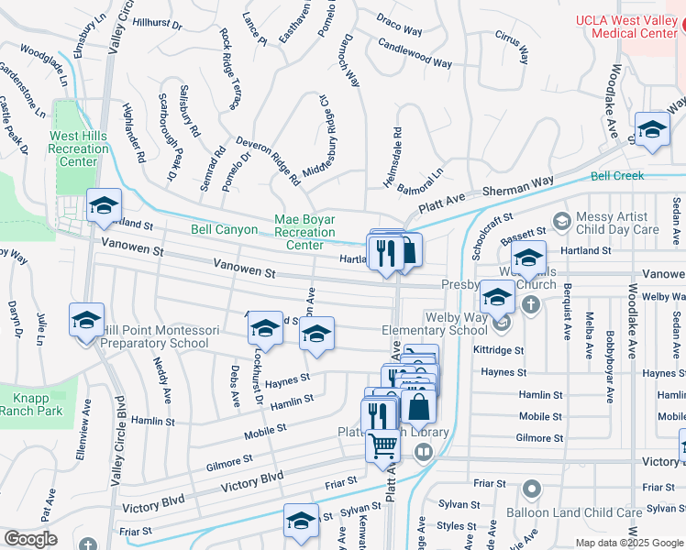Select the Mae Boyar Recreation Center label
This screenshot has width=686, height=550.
pyautogui.click(x=305, y=232)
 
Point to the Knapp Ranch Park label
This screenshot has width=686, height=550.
pyautogui.click(x=38, y=404)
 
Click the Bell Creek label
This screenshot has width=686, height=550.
pyautogui.click(x=617, y=175)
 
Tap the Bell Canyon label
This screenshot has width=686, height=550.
pyautogui.click(x=224, y=229)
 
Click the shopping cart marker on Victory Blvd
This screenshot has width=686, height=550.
pyautogui.click(x=383, y=446)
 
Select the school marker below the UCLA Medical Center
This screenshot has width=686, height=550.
pyautogui.click(x=652, y=129)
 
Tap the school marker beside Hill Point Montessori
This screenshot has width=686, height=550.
pyautogui.click(x=87, y=321)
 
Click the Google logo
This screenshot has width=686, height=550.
pyautogui.click(x=30, y=539)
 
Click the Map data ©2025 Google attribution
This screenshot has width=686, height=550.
pyautogui.click(x=629, y=542)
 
